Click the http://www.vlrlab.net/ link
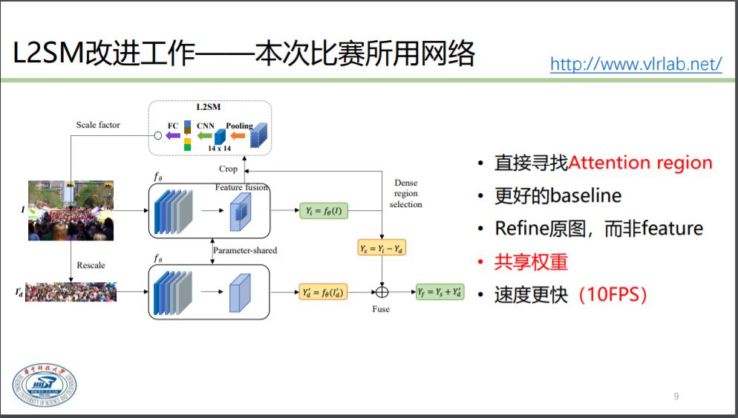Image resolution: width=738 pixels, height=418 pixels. coord(636,65)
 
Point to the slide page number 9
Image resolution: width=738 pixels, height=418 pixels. coord(676,396)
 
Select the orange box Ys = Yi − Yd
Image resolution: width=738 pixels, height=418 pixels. coord(383,249)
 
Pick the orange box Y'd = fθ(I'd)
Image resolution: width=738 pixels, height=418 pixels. coord(322,292)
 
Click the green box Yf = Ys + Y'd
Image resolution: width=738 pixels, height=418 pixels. coord(440,292)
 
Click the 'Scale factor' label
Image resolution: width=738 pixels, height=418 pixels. coord(98,125)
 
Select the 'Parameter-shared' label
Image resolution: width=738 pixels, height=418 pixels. coord(245,250)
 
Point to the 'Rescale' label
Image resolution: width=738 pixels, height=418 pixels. coord(91,265)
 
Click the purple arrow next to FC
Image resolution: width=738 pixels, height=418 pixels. coord(172,136)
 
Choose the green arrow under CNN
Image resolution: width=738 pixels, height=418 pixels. coord(204,136)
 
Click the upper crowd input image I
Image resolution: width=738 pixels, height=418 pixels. coord(71,209)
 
